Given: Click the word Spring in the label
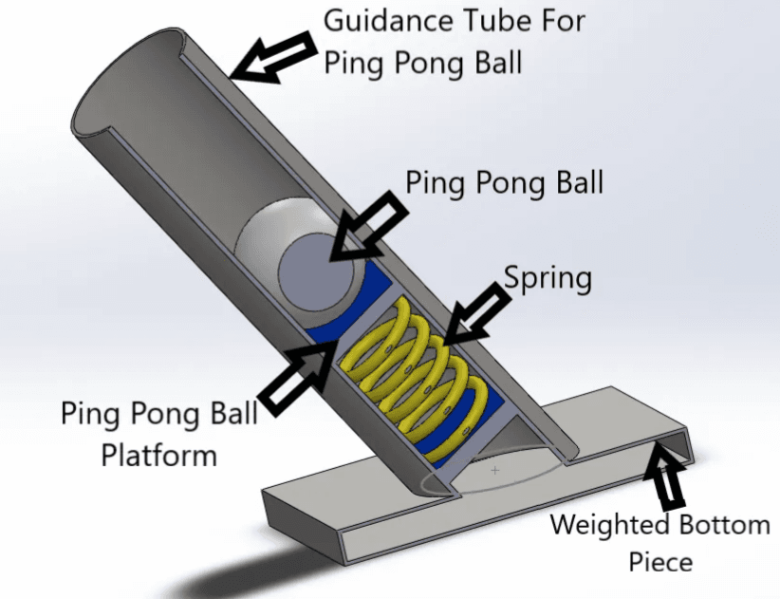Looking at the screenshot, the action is coord(548,278).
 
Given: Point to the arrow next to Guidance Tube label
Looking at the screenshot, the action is coord(273,57).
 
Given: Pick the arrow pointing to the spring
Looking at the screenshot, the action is coord(475,313).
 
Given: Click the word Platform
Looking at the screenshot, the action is coord(159,456).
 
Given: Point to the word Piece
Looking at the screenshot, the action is coord(660,562).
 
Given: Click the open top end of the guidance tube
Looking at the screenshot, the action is coord(130,82).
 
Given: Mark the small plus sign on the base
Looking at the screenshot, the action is coord(494,470).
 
